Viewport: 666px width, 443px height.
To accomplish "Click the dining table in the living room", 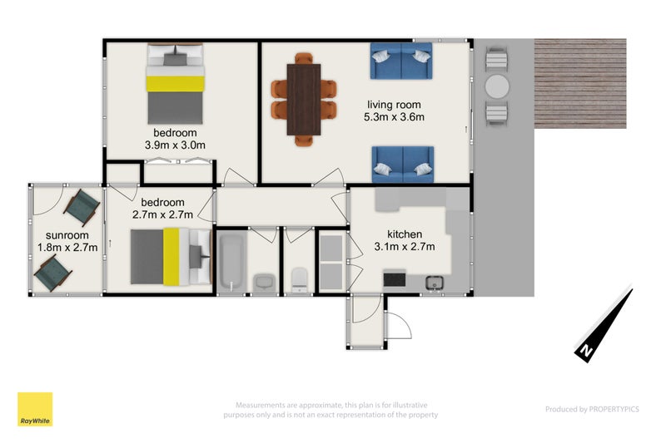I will [x=303, y=99].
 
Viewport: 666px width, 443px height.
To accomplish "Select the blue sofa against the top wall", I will [x=401, y=61].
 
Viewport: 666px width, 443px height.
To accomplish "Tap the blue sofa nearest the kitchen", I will [x=401, y=163].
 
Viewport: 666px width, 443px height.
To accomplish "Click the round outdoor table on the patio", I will [x=496, y=86].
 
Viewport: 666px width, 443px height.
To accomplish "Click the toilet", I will [x=299, y=278].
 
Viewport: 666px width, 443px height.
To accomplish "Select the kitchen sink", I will [x=435, y=283].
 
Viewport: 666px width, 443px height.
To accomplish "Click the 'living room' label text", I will [x=394, y=105].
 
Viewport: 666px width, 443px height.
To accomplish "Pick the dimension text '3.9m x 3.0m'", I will [x=175, y=145].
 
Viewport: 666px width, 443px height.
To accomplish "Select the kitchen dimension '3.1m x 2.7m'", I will [x=405, y=247].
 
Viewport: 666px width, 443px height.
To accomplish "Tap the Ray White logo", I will [x=35, y=409].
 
